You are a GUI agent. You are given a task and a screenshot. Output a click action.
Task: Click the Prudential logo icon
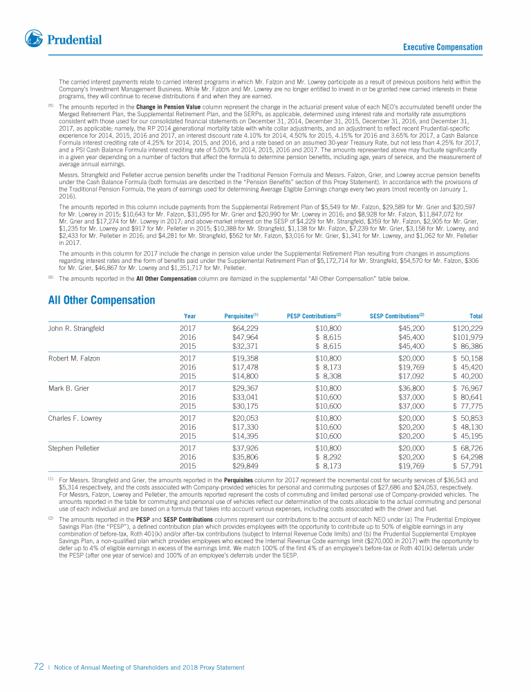(33, 39)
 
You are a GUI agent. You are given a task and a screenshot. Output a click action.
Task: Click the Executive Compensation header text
(442, 47)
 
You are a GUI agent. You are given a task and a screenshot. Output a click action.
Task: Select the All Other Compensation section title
(101, 300)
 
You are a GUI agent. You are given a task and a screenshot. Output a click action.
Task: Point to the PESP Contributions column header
(314, 317)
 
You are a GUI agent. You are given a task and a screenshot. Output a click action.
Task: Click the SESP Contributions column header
(397, 317)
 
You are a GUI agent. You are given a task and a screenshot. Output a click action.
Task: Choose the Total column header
(476, 317)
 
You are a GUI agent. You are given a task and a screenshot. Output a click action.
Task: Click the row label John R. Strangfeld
(76, 328)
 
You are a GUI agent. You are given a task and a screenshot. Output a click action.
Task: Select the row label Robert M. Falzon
(74, 358)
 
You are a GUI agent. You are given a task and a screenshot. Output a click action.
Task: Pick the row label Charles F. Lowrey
(75, 418)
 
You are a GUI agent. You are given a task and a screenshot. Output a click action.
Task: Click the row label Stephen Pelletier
(73, 448)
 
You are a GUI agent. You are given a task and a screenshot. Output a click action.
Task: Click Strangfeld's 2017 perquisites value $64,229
(245, 328)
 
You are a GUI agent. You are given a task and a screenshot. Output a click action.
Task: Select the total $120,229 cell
(467, 328)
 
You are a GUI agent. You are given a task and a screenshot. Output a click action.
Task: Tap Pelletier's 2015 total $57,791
(467, 466)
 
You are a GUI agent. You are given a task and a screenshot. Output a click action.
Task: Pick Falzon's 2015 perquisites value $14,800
(245, 376)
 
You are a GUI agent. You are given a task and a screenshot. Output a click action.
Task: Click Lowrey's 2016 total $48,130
(467, 427)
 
